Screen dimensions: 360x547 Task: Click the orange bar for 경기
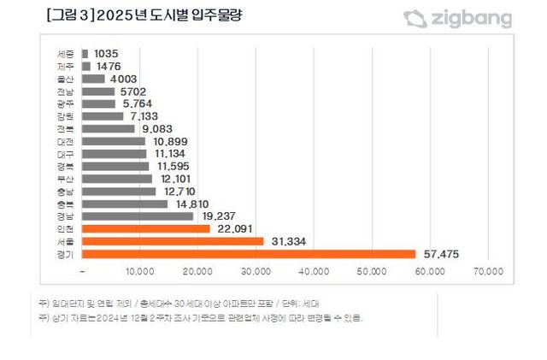tap(249, 254)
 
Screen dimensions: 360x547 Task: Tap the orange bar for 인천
tap(146, 228)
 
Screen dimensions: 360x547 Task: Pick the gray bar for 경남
tap(138, 216)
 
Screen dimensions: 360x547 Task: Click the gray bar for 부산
tap(117, 179)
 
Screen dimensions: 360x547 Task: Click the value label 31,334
tap(288, 241)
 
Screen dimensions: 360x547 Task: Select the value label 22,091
tap(234, 228)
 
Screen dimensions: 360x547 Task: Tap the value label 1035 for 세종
tap(107, 53)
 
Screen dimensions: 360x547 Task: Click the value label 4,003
tap(125, 78)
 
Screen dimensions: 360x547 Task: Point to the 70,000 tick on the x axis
tap(488, 272)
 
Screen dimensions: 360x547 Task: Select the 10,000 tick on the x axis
tap(140, 272)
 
